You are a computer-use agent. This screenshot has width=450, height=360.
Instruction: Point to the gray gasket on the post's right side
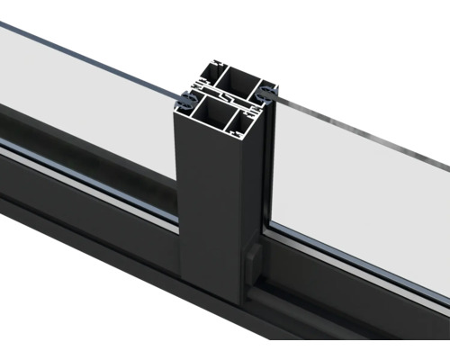[271, 94]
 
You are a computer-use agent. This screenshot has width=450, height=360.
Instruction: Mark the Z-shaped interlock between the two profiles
[229, 96]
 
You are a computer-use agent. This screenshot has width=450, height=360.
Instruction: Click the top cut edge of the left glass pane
[90, 56]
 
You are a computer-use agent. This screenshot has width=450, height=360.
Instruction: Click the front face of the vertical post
[207, 207]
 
